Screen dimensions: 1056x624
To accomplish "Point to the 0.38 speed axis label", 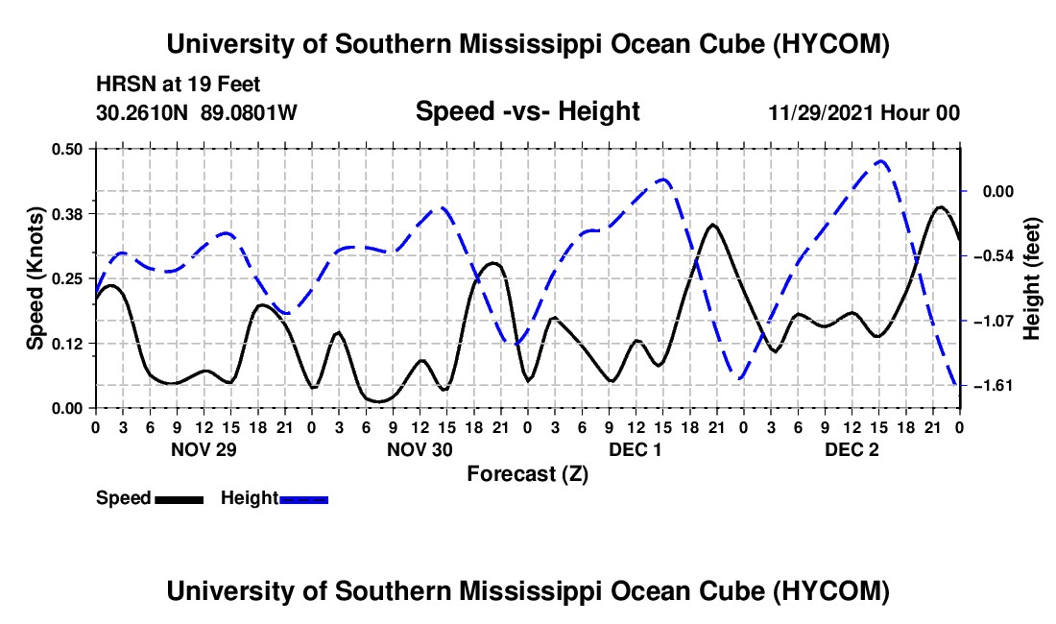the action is [66, 214].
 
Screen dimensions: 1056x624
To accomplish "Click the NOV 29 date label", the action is [204, 449].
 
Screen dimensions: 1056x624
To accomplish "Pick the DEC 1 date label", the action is [636, 449].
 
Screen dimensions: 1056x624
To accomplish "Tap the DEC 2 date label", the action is [852, 449].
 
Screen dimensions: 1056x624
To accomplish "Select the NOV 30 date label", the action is [420, 449].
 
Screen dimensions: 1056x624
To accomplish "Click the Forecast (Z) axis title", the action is [528, 474].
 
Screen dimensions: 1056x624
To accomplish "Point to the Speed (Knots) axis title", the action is [35, 278].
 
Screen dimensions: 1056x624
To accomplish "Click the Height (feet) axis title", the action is [1032, 278].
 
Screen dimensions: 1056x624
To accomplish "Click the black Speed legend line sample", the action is [180, 499].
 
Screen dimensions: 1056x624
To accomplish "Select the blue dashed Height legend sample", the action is [303, 499].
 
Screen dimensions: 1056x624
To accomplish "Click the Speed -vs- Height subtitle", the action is [528, 111].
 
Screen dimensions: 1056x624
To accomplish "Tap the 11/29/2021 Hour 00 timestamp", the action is [864, 112].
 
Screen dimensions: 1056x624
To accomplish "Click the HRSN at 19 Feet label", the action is [178, 84].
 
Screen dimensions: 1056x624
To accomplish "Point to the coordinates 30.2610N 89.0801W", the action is [196, 112].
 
